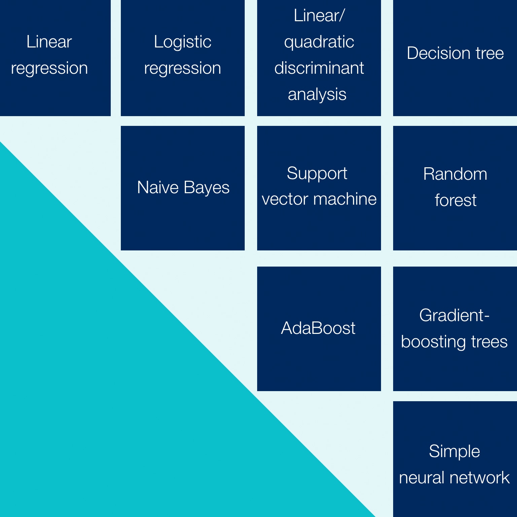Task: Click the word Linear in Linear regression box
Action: pyautogui.click(x=49, y=42)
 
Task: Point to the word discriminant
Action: pyautogui.click(x=319, y=68)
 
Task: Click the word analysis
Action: pyautogui.click(x=317, y=94)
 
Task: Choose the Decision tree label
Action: pyautogui.click(x=455, y=53)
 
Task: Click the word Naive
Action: pyautogui.click(x=158, y=187)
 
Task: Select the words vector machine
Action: pyautogui.click(x=319, y=199)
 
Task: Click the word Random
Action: pyautogui.click(x=455, y=174)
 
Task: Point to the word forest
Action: pyautogui.click(x=455, y=200)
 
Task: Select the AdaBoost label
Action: pyautogui.click(x=318, y=328)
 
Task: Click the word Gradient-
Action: pyautogui.click(x=454, y=316)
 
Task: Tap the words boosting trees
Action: pyautogui.click(x=454, y=342)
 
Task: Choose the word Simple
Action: pyautogui.click(x=454, y=451)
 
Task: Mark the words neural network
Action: pyautogui.click(x=454, y=478)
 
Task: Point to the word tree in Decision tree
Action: pyautogui.click(x=489, y=53)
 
